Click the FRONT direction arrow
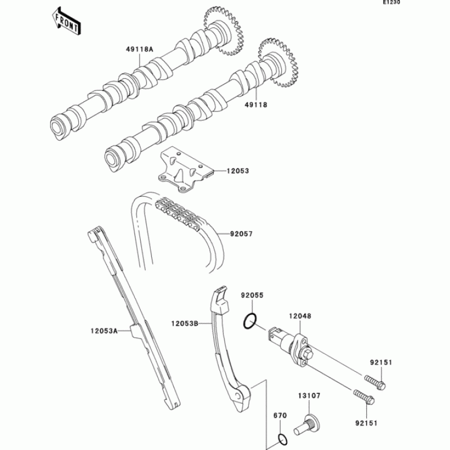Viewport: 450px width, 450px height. [66, 21]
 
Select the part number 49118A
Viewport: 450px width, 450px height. [139, 49]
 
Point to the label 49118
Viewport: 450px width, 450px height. [255, 105]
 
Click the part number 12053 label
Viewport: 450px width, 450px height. [238, 170]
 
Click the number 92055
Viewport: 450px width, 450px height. [252, 295]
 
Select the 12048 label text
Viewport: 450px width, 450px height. [300, 317]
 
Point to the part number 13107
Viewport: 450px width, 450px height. [309, 396]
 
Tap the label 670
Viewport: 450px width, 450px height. [280, 416]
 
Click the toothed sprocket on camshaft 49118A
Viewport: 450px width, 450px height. [225, 31]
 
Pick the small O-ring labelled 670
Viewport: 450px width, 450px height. [284, 439]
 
